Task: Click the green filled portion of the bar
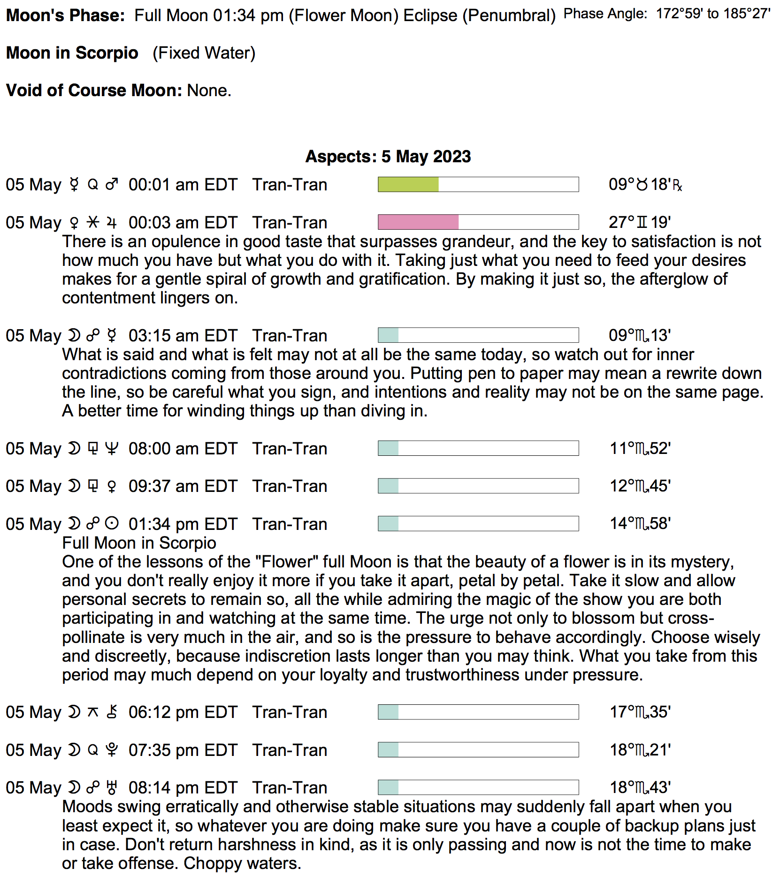click(x=408, y=184)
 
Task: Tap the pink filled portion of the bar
click(x=418, y=222)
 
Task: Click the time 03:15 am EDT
click(x=183, y=336)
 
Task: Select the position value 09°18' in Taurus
click(x=645, y=184)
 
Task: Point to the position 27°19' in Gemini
click(x=639, y=222)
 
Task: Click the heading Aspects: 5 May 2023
click(x=388, y=156)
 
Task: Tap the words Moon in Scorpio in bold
click(x=72, y=53)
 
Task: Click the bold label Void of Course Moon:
click(x=94, y=90)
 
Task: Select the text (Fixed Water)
click(x=204, y=53)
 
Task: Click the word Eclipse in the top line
click(x=430, y=15)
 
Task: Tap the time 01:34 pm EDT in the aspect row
click(x=183, y=524)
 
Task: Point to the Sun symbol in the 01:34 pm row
click(x=112, y=523)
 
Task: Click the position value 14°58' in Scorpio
click(x=640, y=523)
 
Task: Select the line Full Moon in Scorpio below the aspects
click(x=139, y=543)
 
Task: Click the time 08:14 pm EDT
click(x=183, y=787)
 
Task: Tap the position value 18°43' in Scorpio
click(x=640, y=787)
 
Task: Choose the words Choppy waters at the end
click(x=242, y=863)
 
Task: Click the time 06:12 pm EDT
click(x=183, y=712)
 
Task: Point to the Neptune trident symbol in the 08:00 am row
click(x=112, y=448)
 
